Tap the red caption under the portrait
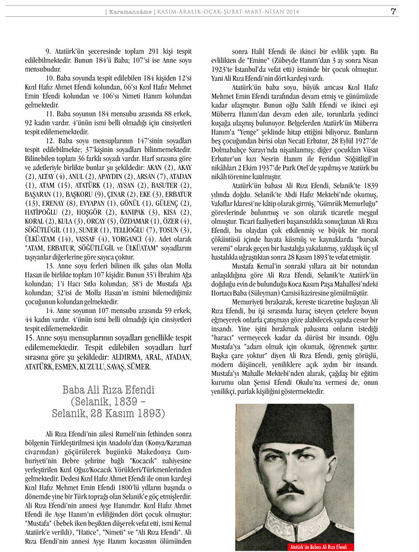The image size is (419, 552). point(318,545)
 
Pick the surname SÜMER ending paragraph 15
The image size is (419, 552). point(137,367)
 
